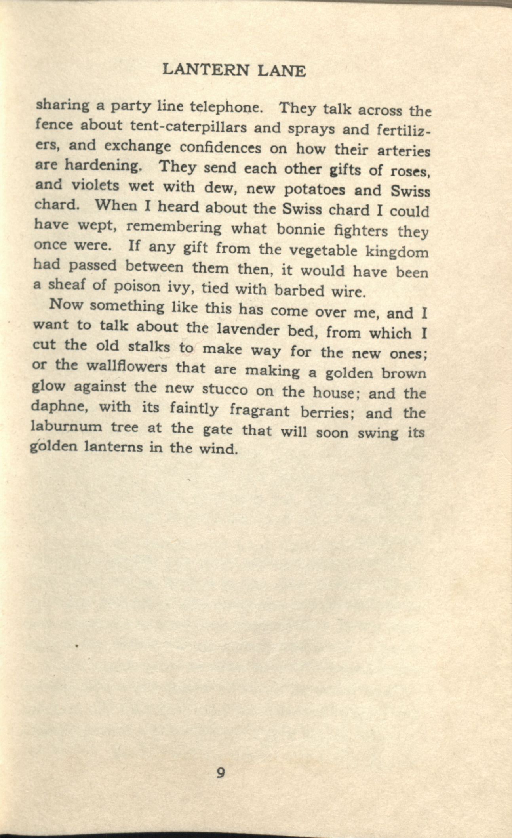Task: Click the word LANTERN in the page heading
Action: (x=207, y=70)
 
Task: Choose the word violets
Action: (x=95, y=185)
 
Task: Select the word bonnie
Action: (x=301, y=229)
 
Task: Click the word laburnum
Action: (x=67, y=427)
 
